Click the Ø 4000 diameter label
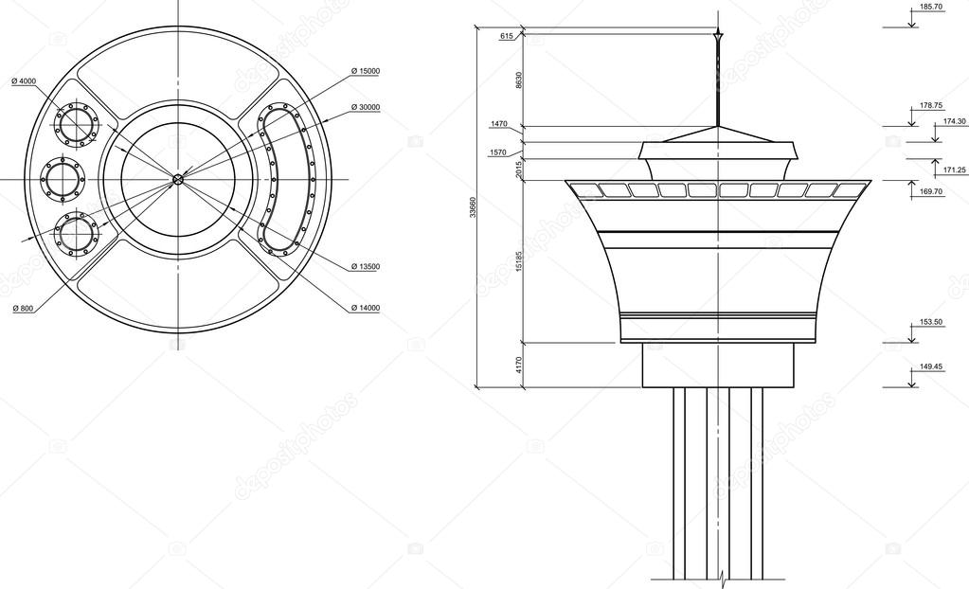[x=24, y=81]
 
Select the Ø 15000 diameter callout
[x=365, y=71]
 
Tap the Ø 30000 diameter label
[x=365, y=107]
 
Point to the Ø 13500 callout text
[x=365, y=267]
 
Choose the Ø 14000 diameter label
[x=365, y=308]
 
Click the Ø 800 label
[x=23, y=309]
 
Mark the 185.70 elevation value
[x=931, y=7]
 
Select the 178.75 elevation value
[x=931, y=106]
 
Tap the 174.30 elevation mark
[x=954, y=121]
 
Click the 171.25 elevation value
[x=954, y=170]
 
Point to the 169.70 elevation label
[x=931, y=191]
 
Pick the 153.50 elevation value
[x=931, y=323]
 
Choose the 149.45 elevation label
[x=931, y=366]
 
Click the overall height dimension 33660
[x=474, y=209]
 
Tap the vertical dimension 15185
[x=519, y=262]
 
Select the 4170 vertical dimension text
[x=519, y=366]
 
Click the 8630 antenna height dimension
[x=519, y=80]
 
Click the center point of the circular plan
[x=177, y=179]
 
